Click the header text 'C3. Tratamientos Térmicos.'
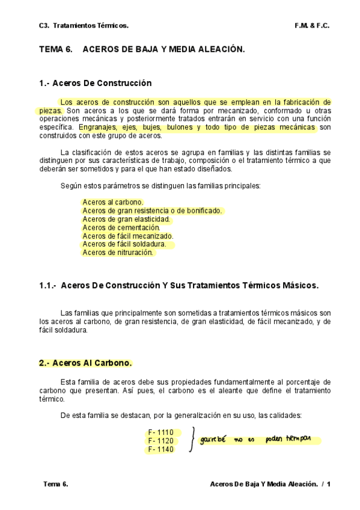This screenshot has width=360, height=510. point(84,26)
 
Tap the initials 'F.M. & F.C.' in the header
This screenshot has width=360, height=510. point(312,26)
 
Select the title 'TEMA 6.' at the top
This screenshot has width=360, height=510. point(56,52)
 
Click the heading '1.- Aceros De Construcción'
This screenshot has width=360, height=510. point(95,83)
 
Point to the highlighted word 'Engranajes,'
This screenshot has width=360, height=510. point(97,127)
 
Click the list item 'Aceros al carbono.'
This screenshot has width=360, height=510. point(113,202)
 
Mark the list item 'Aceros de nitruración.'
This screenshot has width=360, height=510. point(118,253)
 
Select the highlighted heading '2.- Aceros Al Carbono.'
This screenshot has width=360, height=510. point(85,363)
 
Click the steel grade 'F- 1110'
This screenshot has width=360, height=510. point(160,432)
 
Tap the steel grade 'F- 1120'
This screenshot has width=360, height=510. point(160,441)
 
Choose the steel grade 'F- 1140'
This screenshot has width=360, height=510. point(160,449)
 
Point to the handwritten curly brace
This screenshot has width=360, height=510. point(192,440)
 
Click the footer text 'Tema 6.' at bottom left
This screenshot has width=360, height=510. point(56,484)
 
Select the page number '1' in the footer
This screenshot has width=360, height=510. point(329,484)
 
